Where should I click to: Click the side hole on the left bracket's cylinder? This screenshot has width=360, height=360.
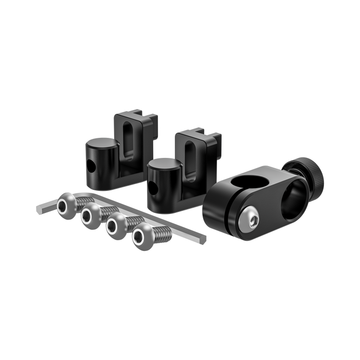(x=92, y=166)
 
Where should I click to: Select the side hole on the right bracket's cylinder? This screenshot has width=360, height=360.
(x=153, y=188)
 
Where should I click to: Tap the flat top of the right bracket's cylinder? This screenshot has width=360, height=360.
(x=163, y=165)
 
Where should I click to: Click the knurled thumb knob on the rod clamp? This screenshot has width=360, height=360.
(x=309, y=174)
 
